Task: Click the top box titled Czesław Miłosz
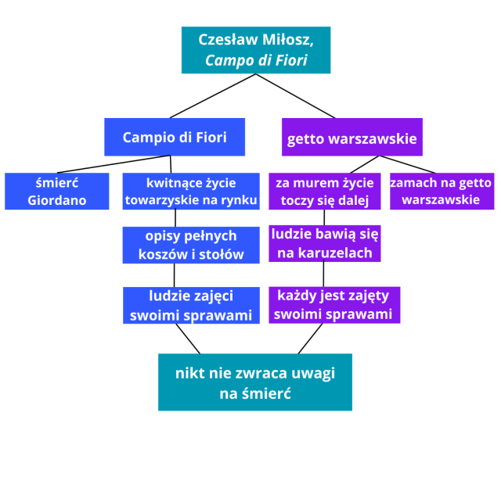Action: point(255,50)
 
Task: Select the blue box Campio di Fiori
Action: point(175,137)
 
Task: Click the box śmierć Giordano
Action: point(56,191)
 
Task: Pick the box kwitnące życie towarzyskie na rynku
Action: point(191,191)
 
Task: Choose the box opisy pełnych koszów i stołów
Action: point(191,245)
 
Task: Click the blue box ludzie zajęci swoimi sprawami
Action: point(191,306)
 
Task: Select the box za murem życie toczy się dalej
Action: point(325,191)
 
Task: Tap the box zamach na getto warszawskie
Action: point(441,191)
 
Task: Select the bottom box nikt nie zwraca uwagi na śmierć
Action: point(255,382)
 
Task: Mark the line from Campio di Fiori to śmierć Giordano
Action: point(110,164)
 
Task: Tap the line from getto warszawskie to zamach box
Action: point(407,164)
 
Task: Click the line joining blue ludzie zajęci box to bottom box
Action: point(188,339)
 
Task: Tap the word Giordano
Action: point(56,200)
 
